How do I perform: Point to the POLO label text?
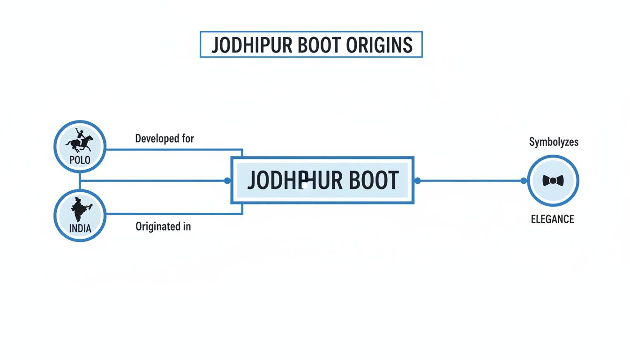80,160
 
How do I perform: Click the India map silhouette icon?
81,210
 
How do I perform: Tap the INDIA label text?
80,230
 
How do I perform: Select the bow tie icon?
553,180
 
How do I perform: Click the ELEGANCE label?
552,219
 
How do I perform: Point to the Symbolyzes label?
554,142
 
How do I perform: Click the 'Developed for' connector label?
165,139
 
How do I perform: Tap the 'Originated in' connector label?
163,226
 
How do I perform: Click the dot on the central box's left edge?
227,180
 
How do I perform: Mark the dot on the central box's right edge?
417,180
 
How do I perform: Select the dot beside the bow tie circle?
524,180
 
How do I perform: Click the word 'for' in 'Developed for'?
187,139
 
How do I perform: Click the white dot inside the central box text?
305,185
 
